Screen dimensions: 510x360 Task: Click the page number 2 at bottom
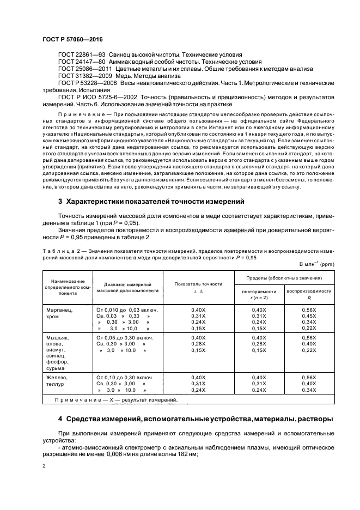44,466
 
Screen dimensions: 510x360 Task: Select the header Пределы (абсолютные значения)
283,278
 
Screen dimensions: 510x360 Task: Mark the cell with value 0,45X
308,315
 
